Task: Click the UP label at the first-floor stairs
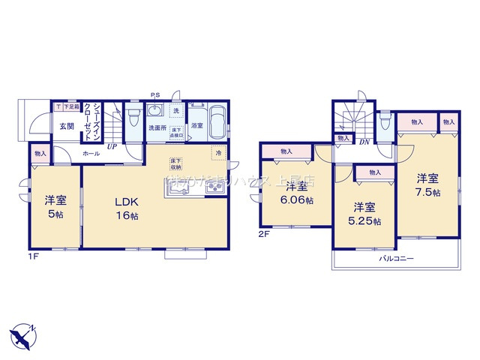[111, 147]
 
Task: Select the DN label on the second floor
[364, 142]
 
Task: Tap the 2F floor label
[263, 235]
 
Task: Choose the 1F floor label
[32, 256]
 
